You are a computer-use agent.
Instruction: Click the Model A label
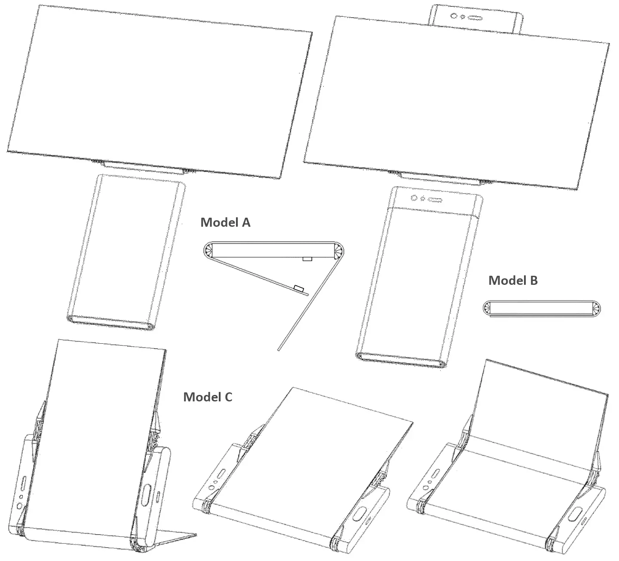tap(225, 222)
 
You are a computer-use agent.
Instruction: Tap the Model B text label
tap(513, 280)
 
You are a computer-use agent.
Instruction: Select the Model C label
tap(208, 397)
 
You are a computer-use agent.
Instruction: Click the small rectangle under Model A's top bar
tap(307, 259)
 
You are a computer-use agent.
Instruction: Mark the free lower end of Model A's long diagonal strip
tap(279, 350)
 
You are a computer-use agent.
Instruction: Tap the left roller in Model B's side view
tap(487, 308)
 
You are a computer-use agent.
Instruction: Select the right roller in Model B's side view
tap(596, 308)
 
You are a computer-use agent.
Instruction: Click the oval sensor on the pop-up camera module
tap(475, 18)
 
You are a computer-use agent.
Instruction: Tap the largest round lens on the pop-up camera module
tap(454, 16)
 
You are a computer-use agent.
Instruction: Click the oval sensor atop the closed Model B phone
tap(435, 200)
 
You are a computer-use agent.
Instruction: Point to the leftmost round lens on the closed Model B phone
tap(414, 198)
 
